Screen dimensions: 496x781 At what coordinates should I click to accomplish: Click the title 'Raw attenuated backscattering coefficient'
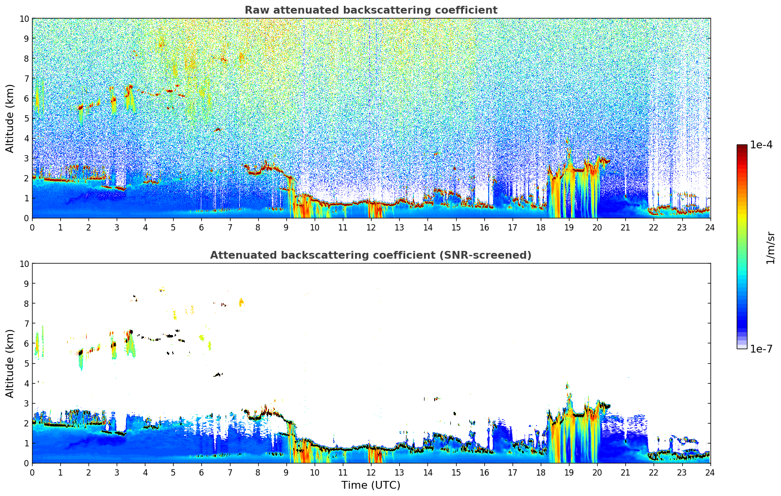(x=371, y=10)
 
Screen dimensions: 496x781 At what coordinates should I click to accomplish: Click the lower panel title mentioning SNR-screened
(x=371, y=255)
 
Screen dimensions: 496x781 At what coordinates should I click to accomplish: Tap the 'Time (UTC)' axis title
(x=371, y=485)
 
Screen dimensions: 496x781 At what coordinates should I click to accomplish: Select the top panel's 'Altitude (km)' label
(x=10, y=118)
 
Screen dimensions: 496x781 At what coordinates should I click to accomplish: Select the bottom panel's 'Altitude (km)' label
(x=10, y=363)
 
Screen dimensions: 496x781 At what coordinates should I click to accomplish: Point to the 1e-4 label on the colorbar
(x=761, y=145)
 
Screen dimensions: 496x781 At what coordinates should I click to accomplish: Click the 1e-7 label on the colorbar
(x=761, y=349)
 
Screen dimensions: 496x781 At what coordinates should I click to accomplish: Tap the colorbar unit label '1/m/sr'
(x=770, y=247)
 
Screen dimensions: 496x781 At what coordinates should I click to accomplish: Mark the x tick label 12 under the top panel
(x=371, y=227)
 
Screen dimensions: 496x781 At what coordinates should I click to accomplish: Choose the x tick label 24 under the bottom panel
(x=710, y=472)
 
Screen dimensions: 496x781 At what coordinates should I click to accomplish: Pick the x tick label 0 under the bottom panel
(x=33, y=472)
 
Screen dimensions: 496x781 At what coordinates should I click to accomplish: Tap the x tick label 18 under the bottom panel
(x=541, y=472)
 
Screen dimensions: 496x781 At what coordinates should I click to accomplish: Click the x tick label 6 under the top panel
(x=202, y=227)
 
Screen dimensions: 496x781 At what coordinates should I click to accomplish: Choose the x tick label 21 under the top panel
(x=625, y=227)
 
